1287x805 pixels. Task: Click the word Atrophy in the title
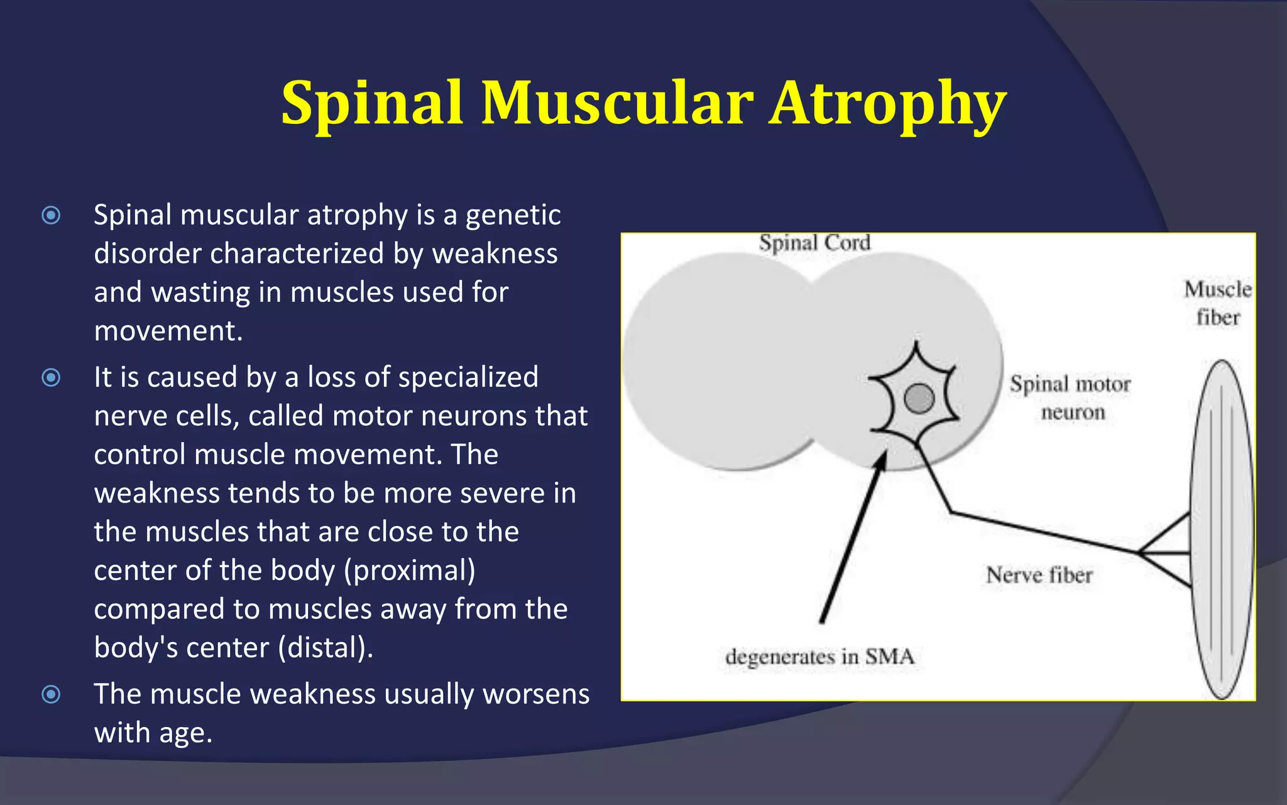click(x=888, y=104)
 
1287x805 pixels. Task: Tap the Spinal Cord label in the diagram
click(x=814, y=243)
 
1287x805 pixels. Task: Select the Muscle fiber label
click(x=1217, y=303)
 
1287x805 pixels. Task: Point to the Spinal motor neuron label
click(x=1070, y=397)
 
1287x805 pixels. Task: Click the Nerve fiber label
click(x=1039, y=575)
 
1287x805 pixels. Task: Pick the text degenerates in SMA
click(x=819, y=657)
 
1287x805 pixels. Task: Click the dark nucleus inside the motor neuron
click(x=919, y=398)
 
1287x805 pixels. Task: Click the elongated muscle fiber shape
click(x=1222, y=528)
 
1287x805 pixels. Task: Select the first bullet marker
click(x=51, y=216)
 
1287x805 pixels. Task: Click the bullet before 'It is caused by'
click(x=51, y=377)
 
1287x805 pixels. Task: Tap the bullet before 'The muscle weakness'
click(x=51, y=694)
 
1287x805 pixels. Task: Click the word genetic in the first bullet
click(x=513, y=216)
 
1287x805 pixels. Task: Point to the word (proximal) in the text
click(x=409, y=570)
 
